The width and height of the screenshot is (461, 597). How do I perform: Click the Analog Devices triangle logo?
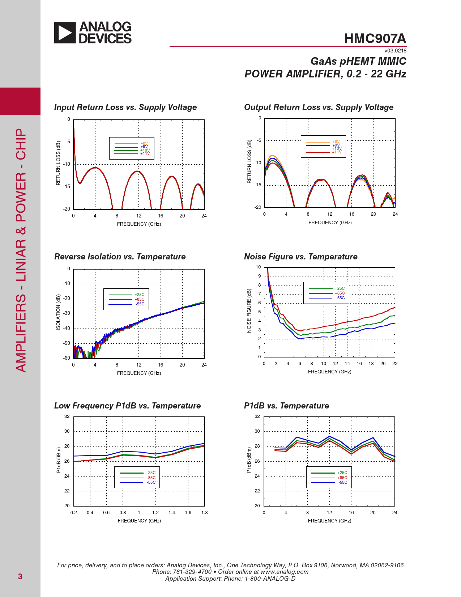tap(65, 33)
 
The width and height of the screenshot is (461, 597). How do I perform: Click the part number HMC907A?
tap(375, 39)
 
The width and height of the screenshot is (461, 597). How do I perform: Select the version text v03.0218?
tap(395, 51)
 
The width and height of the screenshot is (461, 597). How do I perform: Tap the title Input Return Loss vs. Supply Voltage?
tap(125, 107)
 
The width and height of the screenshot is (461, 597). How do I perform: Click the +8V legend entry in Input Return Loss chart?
tap(144, 143)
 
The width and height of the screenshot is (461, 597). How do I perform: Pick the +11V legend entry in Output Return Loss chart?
tap(337, 152)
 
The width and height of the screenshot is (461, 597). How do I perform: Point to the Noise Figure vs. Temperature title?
tap(300, 257)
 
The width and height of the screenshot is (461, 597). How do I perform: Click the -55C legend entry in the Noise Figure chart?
tap(340, 298)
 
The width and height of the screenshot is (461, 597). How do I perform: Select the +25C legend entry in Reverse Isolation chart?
tap(140, 295)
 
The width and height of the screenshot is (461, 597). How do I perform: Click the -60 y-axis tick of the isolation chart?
tap(67, 358)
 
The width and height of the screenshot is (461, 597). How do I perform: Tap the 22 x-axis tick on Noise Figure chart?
tap(395, 364)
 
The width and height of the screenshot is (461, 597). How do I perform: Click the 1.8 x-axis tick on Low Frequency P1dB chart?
tap(205, 513)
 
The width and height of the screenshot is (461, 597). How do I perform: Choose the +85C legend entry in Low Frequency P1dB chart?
tap(151, 478)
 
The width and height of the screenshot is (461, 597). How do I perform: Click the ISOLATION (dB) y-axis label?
tap(58, 312)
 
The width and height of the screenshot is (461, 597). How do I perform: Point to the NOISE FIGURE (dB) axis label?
tap(249, 311)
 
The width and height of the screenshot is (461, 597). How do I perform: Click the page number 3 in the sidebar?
tap(20, 576)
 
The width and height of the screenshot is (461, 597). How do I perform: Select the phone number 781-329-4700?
tap(192, 572)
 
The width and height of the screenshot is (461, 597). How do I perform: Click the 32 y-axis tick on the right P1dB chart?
tap(257, 416)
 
